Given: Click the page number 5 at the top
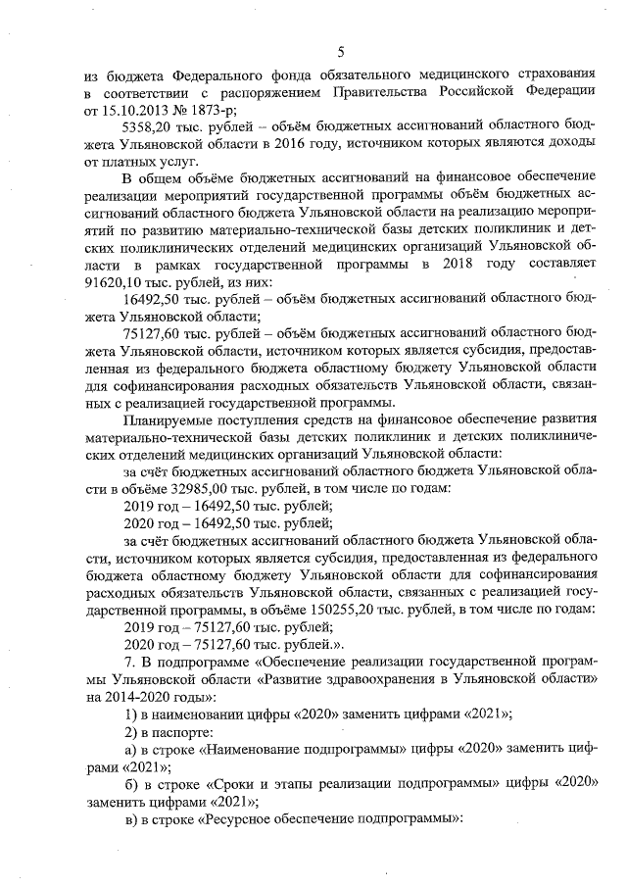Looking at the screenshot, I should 340,51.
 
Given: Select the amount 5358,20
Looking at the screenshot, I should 150,126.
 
